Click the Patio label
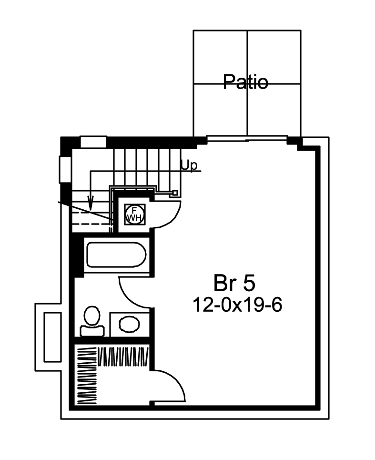tap(246, 82)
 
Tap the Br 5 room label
tap(234, 284)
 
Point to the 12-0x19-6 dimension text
tap(237, 305)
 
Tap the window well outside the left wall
tap(52, 337)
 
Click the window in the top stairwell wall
tap(92, 142)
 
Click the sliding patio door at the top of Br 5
tap(247, 139)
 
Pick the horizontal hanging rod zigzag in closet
tap(124, 357)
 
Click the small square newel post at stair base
tap(175, 193)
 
